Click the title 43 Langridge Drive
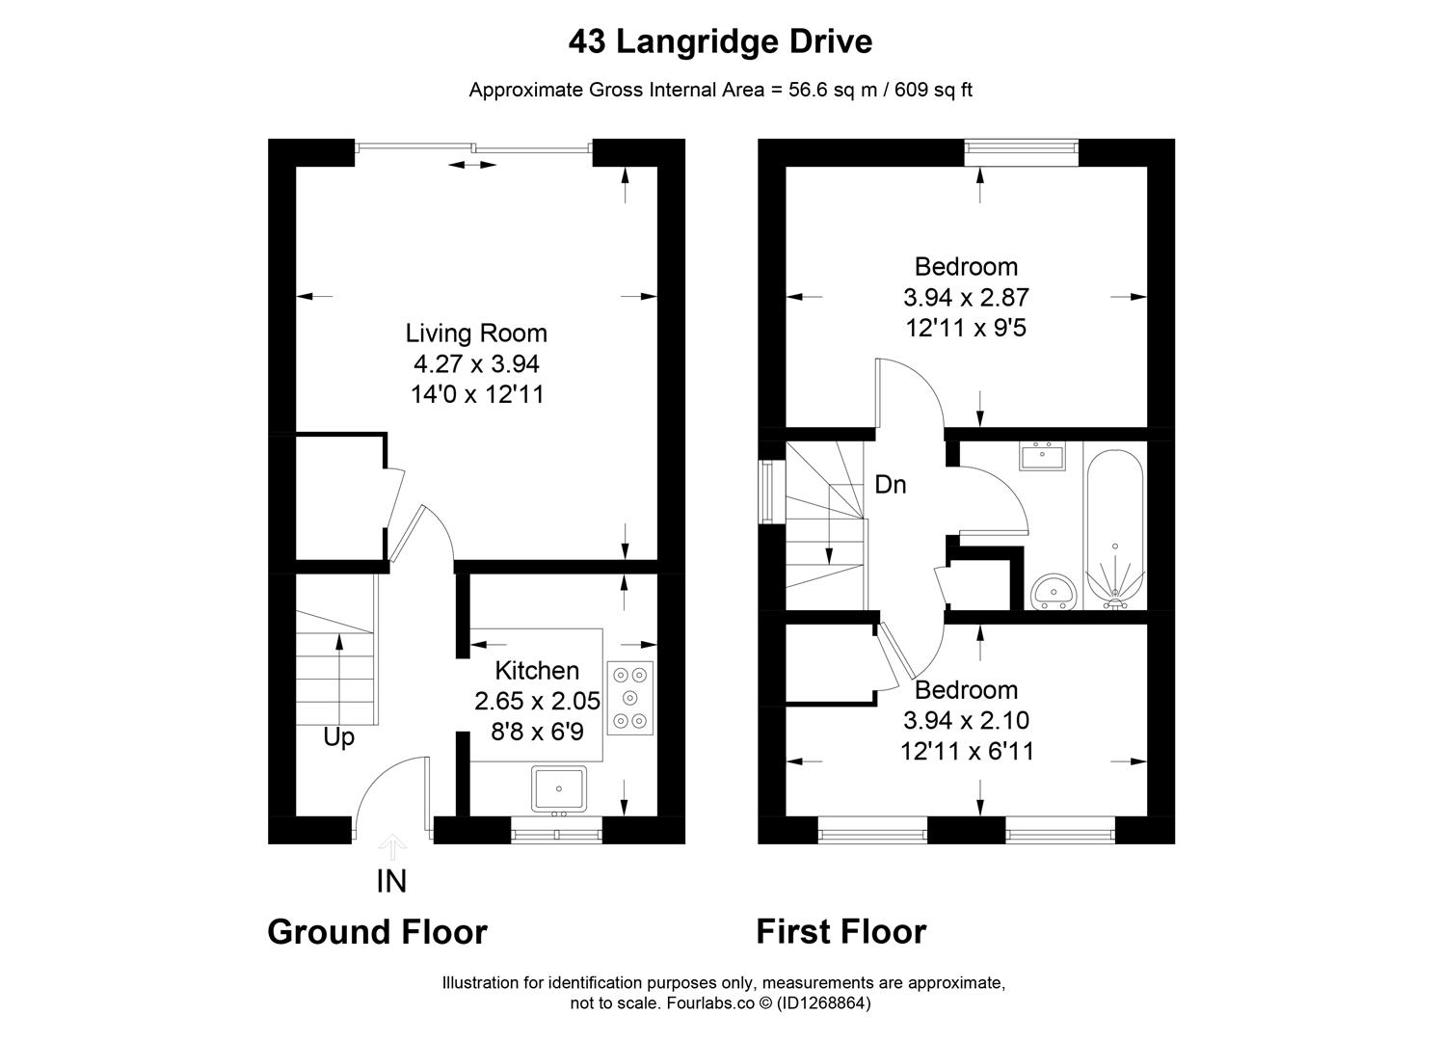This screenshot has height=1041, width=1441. (720, 42)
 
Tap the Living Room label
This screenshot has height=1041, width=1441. (476, 334)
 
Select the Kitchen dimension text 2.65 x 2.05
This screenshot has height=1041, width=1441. (537, 702)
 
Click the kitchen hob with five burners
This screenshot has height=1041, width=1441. (630, 697)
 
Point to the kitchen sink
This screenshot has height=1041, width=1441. (558, 788)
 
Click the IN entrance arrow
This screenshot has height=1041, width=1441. (392, 848)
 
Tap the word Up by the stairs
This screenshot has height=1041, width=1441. (338, 737)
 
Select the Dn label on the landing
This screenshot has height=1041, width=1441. (890, 485)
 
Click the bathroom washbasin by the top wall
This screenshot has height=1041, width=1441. (1042, 456)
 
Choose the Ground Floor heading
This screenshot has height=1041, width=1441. (377, 932)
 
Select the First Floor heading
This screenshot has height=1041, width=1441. (841, 932)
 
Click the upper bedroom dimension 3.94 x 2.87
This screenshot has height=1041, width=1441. (966, 298)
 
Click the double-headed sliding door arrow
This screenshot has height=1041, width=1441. (472, 166)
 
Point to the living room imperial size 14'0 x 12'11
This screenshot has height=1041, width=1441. (476, 395)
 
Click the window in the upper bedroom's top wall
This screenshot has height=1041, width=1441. (1022, 147)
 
